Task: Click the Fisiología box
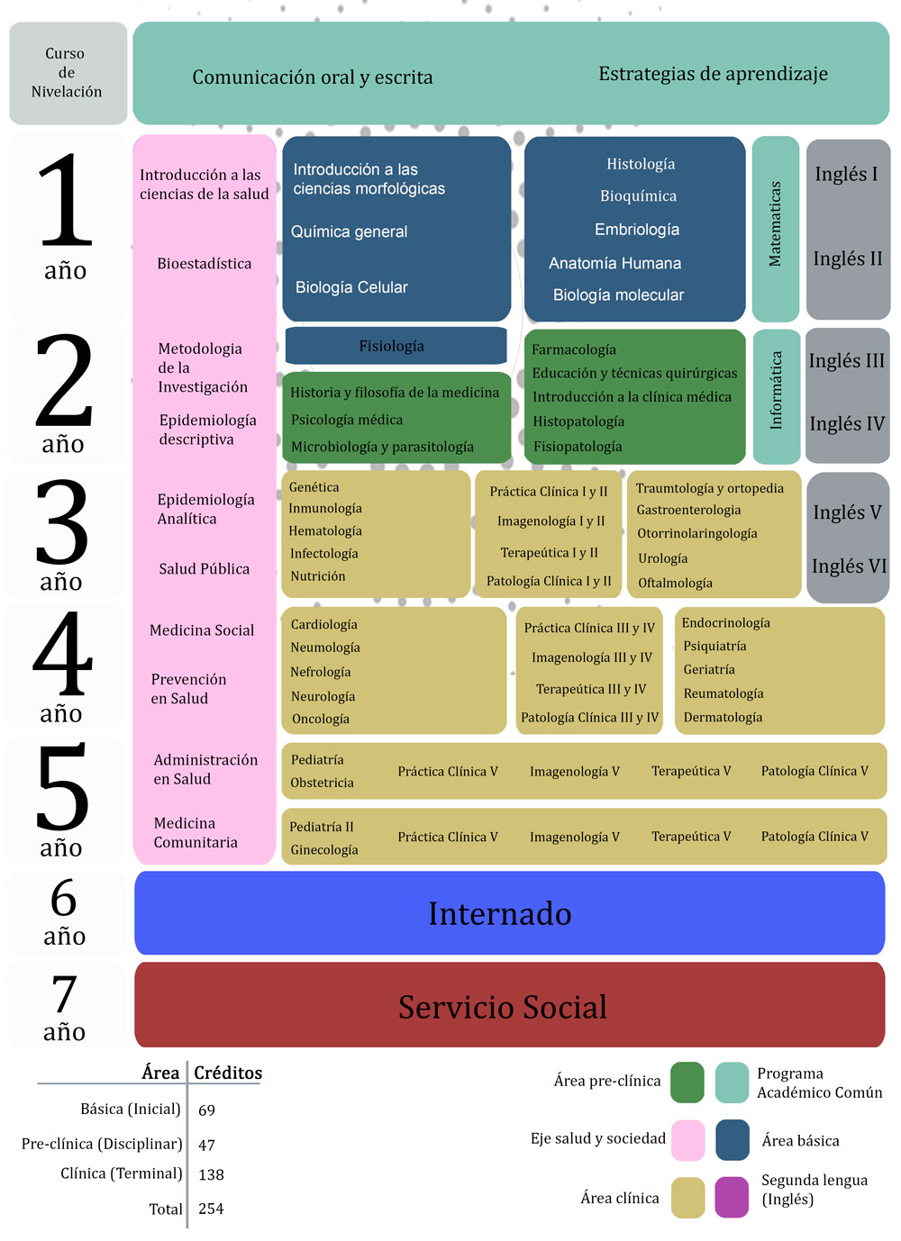[x=396, y=346]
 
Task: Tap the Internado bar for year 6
[x=509, y=913]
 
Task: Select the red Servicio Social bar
[x=509, y=1005]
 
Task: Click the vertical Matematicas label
[x=775, y=224]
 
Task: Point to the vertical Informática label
[x=776, y=391]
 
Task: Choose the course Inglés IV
[x=847, y=424]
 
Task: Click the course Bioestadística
[x=204, y=263]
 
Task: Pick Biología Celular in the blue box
[x=351, y=287]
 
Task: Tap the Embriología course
[x=637, y=230]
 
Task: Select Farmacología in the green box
[x=574, y=349]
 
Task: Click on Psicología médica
[x=347, y=420]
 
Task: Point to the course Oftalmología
[x=675, y=583]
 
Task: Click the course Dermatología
[x=723, y=718]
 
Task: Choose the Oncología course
[x=320, y=720]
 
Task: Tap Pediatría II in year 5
[x=322, y=827]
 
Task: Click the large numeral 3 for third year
[x=62, y=521]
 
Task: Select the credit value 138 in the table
[x=211, y=1174]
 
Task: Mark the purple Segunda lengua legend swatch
[x=732, y=1197]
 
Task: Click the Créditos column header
[x=228, y=1073]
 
